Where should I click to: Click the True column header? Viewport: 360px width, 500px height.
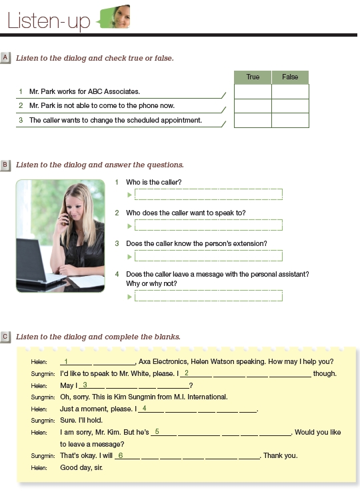(253, 77)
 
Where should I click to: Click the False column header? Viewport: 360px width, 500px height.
(290, 77)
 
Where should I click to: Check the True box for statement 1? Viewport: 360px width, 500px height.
(253, 91)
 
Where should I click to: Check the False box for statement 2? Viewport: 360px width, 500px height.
(290, 106)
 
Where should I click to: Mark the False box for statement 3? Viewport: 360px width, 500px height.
(290, 121)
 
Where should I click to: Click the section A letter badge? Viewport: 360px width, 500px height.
(5, 58)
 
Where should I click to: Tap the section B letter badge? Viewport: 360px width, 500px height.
(5, 165)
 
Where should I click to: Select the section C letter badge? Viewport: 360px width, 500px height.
(5, 337)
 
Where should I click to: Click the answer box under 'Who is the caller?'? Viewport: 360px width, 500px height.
(209, 194)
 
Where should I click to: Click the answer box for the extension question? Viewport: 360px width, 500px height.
(209, 256)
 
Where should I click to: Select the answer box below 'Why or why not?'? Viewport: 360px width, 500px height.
(209, 295)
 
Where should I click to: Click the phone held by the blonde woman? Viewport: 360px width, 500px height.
(66, 219)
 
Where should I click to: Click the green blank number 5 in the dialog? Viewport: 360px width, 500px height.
(157, 432)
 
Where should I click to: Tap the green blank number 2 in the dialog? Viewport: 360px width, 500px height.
(187, 373)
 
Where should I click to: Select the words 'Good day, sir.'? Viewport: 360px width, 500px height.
(81, 467)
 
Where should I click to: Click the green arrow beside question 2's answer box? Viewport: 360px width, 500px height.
(129, 226)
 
